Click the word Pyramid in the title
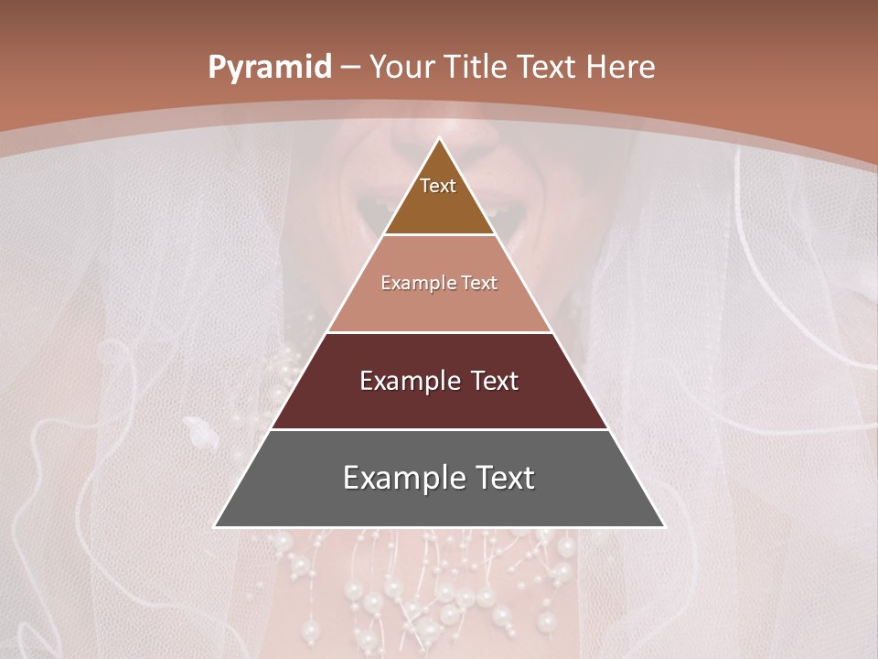click(x=269, y=68)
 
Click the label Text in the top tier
click(x=438, y=186)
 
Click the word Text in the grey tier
click(x=501, y=478)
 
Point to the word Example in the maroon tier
click(x=408, y=381)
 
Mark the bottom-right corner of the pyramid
click(x=664, y=526)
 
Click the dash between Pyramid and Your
click(x=350, y=68)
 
